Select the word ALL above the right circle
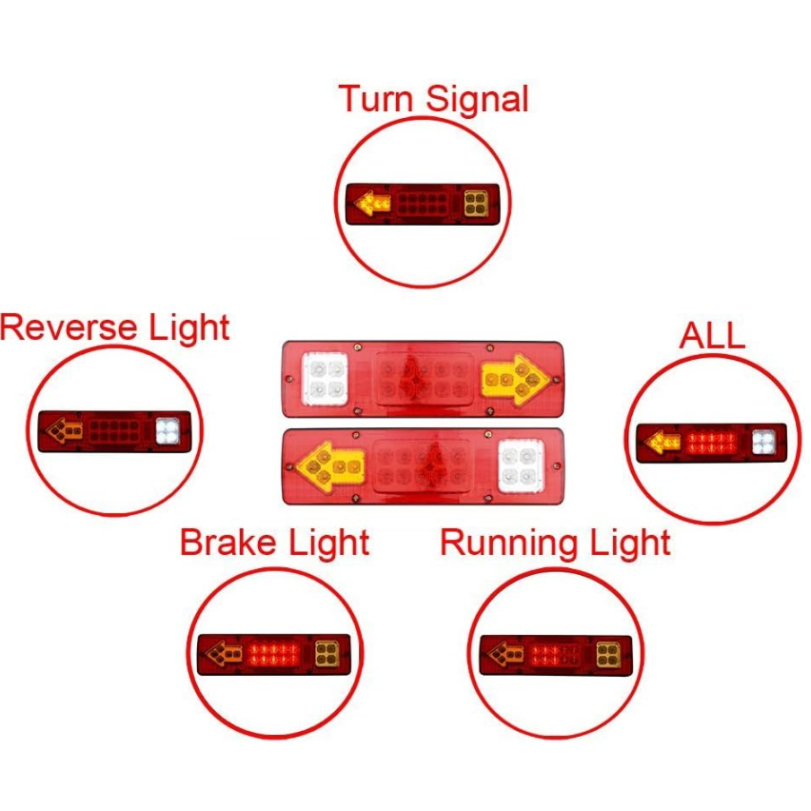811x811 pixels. (711, 336)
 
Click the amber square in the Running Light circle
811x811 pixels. (608, 654)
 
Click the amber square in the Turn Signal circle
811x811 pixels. (476, 202)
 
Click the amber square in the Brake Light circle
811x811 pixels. (327, 654)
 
